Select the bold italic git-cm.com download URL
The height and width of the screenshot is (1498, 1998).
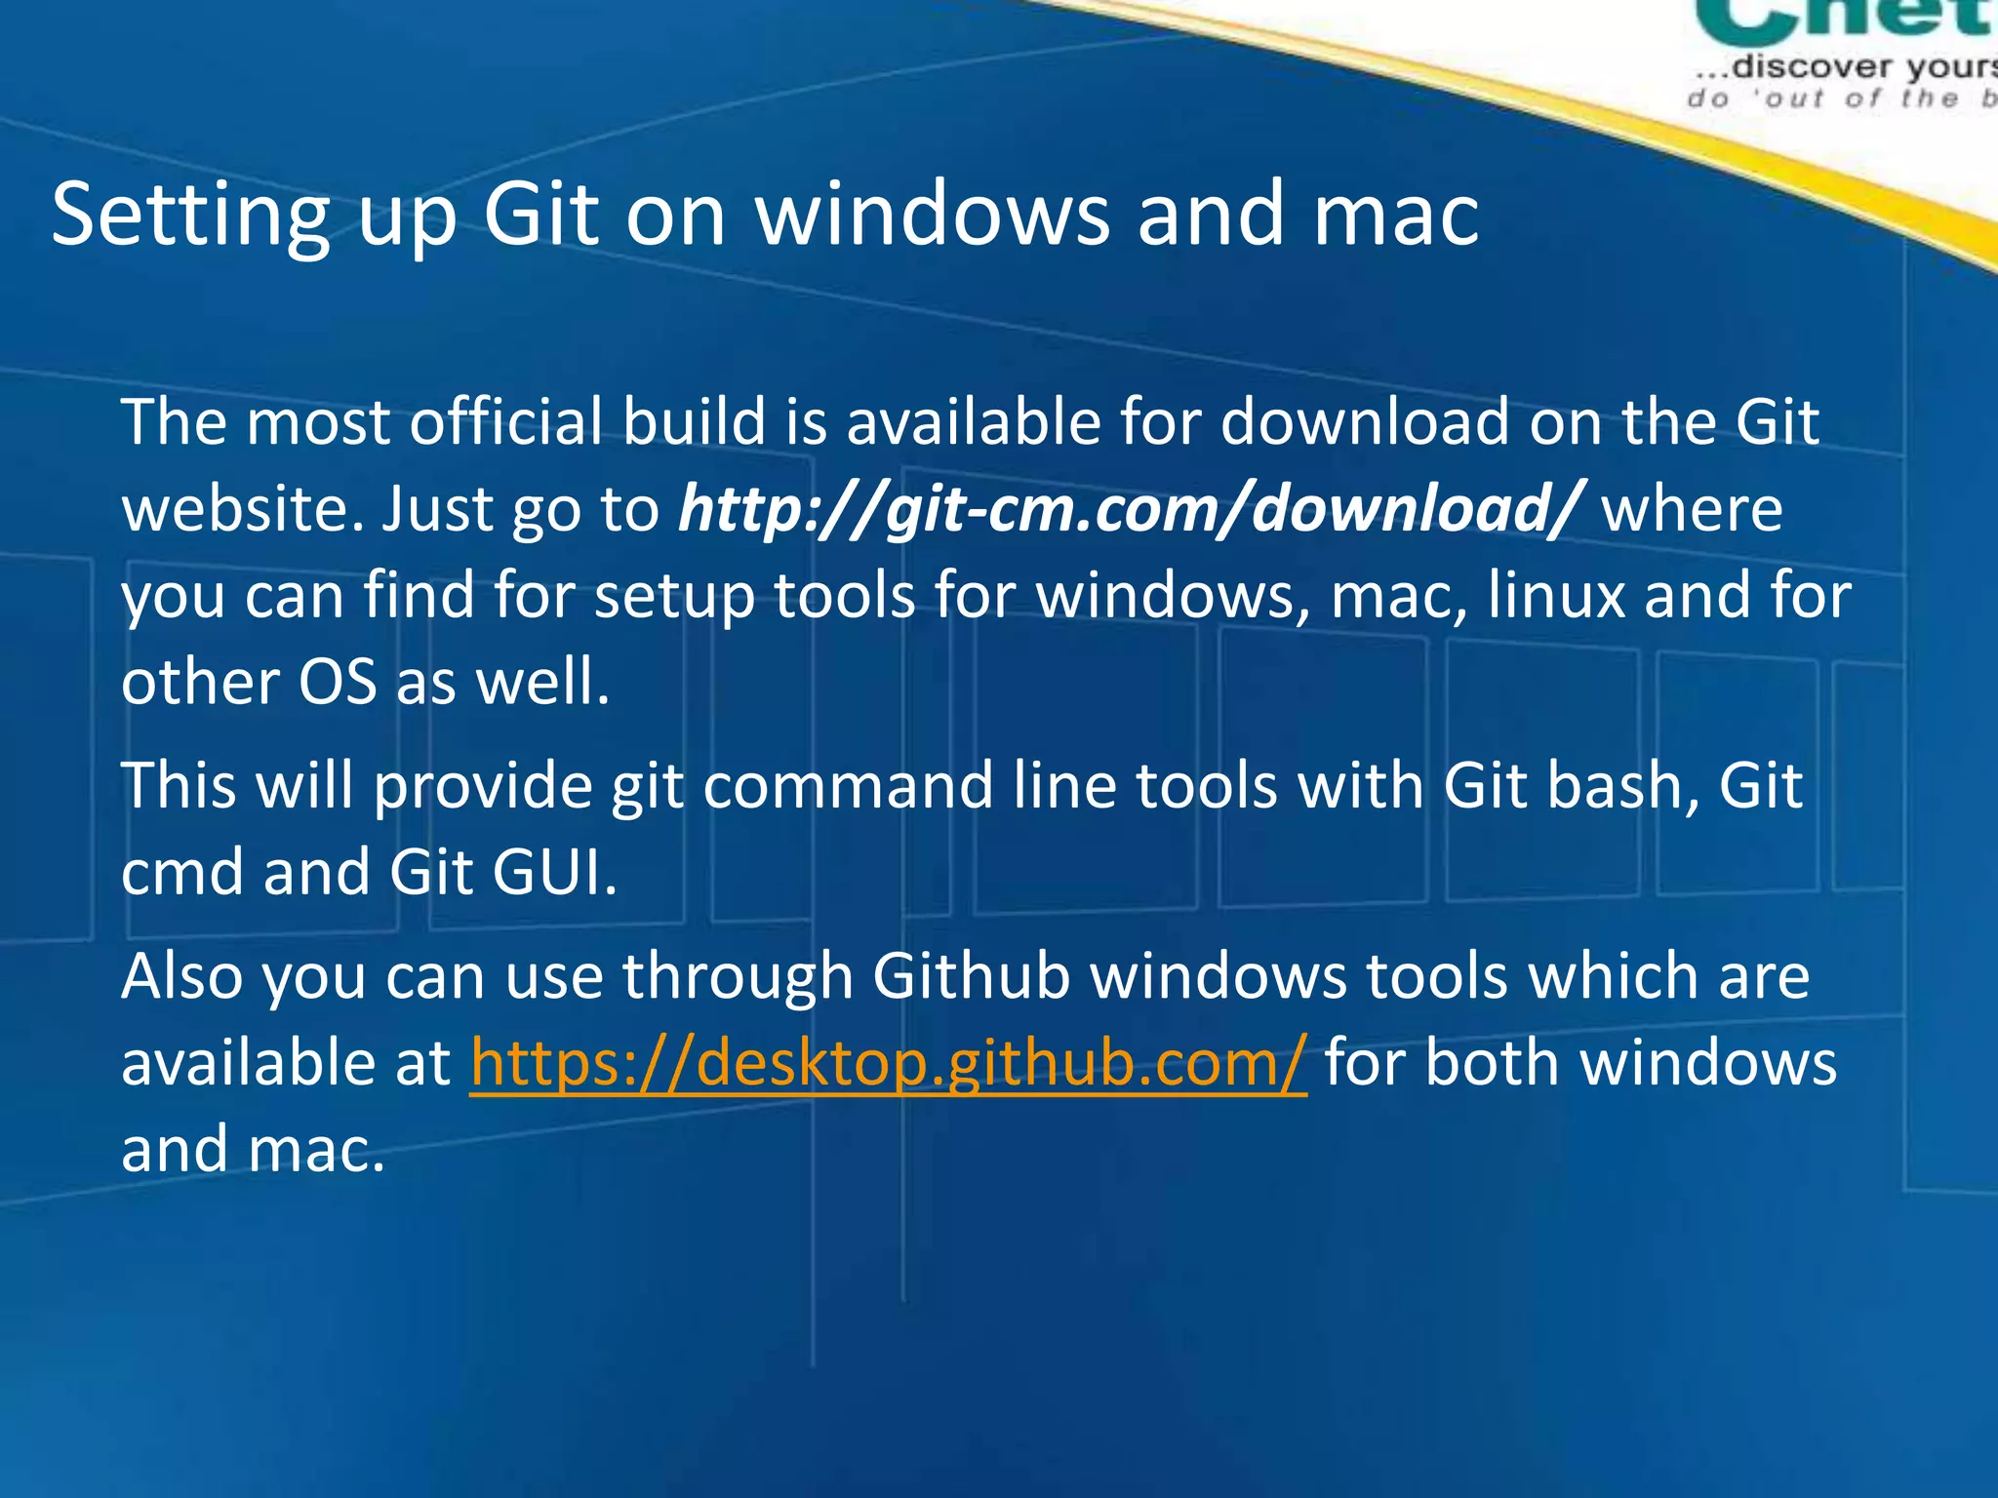(1127, 509)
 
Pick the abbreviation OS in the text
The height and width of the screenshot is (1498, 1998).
(337, 682)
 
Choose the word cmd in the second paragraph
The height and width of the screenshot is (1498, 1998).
(182, 872)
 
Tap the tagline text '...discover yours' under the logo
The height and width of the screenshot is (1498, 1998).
(1844, 67)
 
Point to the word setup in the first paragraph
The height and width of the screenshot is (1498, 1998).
(674, 597)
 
